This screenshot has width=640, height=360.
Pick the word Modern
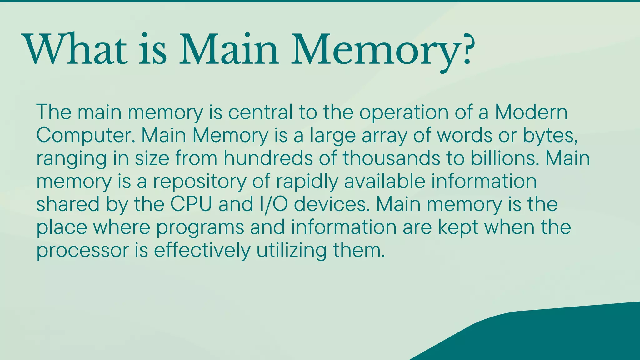(531, 112)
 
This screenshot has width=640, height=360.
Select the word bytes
(550, 136)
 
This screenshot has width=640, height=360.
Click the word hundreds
(268, 158)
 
